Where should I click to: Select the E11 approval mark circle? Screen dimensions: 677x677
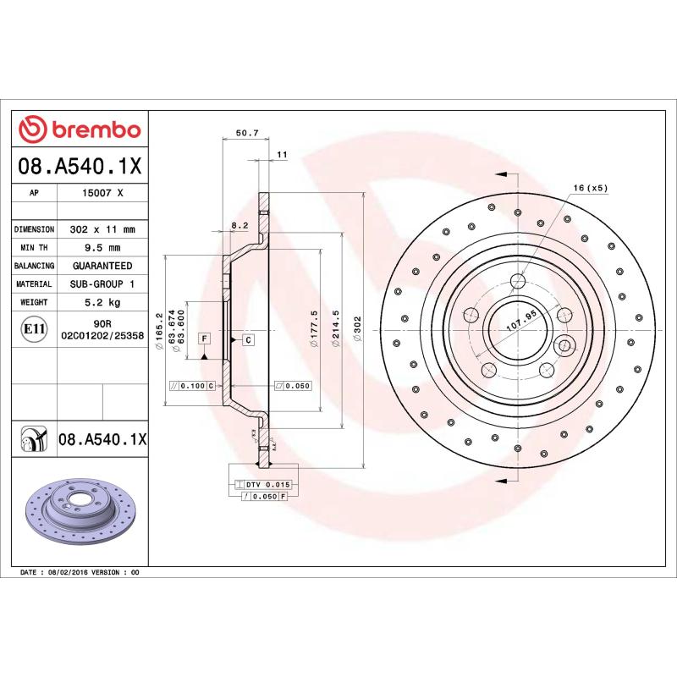(34, 328)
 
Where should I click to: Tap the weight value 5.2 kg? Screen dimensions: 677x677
(102, 302)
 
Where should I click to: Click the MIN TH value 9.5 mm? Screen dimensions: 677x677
(102, 248)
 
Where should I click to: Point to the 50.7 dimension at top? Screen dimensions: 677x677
(246, 133)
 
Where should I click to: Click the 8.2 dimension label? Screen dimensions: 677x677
(239, 225)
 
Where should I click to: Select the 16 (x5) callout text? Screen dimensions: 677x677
(591, 188)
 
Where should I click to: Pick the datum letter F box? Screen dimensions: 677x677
(204, 338)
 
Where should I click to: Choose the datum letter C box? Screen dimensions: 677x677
(248, 339)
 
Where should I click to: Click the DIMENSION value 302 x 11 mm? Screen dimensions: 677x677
(102, 229)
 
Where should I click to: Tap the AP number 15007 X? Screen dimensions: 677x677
(102, 193)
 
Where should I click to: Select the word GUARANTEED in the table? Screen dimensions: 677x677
(102, 266)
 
